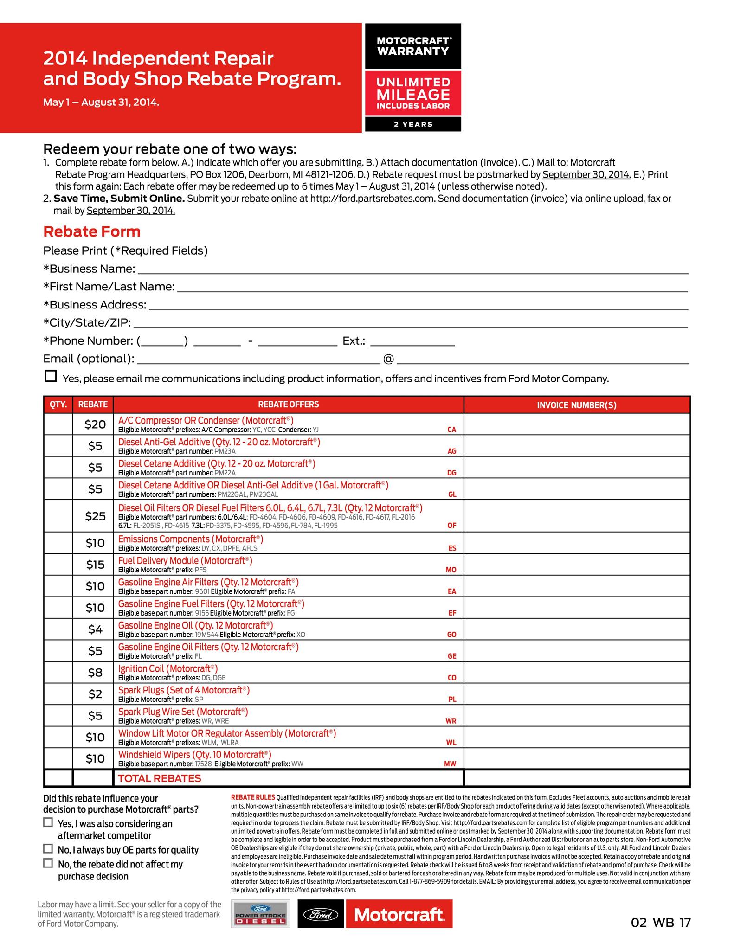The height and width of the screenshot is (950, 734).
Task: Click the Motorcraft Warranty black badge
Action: coord(413,46)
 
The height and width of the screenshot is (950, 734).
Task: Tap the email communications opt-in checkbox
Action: coord(51,376)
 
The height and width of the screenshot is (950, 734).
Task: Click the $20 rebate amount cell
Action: coord(95,424)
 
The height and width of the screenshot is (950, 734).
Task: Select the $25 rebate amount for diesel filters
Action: coord(95,516)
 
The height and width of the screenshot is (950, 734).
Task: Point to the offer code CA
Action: coord(451,430)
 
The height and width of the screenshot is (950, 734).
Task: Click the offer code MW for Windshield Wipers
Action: coord(450,764)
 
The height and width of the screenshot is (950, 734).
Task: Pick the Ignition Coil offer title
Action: coord(168,668)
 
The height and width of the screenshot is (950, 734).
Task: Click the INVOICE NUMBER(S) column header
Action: coord(577,405)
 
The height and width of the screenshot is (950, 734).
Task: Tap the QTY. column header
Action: coord(58,404)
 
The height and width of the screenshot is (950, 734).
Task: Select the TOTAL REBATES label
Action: coord(160,779)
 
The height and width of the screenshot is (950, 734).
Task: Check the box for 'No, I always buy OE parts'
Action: coord(48,849)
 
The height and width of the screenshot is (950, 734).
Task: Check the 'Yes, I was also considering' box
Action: coord(48,822)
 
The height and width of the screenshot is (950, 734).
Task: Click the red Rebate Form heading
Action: coord(92,231)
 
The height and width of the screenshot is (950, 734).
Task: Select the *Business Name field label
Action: coord(89,269)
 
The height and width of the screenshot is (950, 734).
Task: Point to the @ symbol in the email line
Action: coord(388,359)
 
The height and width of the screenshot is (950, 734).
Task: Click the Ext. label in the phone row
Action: coord(354,341)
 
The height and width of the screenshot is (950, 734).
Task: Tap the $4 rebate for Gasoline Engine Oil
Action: coord(95,629)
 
